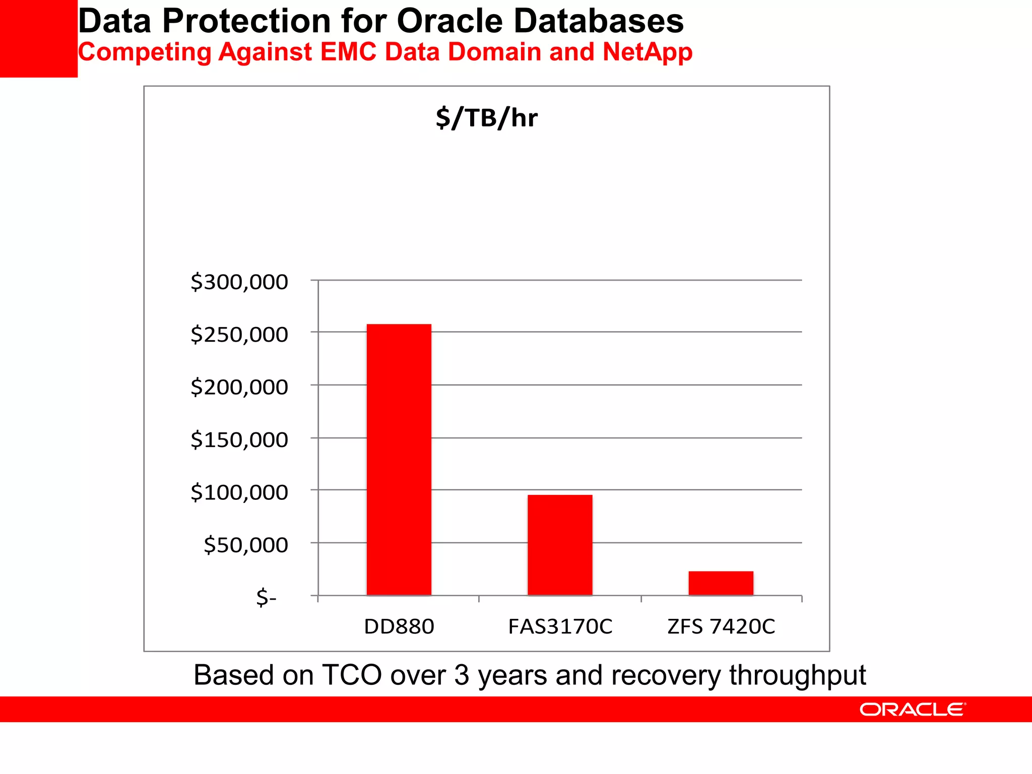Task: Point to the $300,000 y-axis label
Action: coord(239,282)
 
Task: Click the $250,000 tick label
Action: coord(239,335)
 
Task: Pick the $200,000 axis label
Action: coord(239,387)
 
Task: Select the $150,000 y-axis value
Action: coord(239,440)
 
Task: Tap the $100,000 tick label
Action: coord(239,492)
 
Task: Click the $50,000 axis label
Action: coord(246,545)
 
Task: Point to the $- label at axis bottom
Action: coord(266,598)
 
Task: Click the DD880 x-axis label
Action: coord(399,626)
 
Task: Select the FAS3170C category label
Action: coord(560,626)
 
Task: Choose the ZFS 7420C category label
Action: coord(721,626)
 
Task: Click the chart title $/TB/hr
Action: coord(486,118)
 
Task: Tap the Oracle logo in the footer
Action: coord(913,709)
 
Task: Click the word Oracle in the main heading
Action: coord(450,21)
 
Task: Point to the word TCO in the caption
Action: coord(352,675)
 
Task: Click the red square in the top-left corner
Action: coord(38,38)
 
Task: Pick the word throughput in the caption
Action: coord(797,675)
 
